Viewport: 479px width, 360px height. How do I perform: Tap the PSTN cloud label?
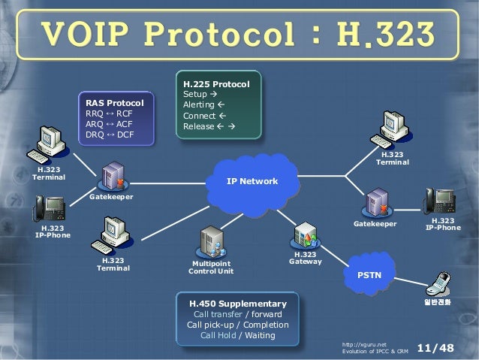[x=369, y=276]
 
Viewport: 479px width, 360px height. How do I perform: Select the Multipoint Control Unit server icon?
[x=211, y=242]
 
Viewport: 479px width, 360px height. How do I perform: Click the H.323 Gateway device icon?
[x=306, y=234]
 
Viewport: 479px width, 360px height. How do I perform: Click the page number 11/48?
[x=435, y=347]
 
